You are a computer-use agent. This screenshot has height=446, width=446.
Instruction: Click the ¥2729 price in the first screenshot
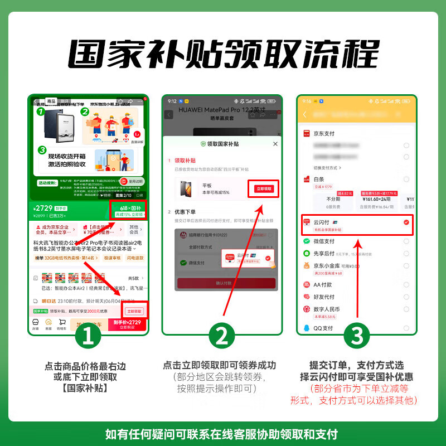pyautogui.click(x=45, y=208)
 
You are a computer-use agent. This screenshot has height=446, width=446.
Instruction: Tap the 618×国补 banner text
pyautogui.click(x=130, y=208)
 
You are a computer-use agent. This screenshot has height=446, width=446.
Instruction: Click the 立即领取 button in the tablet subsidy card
pyautogui.click(x=264, y=189)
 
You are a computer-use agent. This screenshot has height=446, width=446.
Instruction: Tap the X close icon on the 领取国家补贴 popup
pyautogui.click(x=275, y=144)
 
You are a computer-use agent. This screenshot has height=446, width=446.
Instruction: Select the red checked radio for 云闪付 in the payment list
pyautogui.click(x=406, y=222)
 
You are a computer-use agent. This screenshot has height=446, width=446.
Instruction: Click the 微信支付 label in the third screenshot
pyautogui.click(x=323, y=241)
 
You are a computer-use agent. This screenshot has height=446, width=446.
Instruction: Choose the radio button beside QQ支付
pyautogui.click(x=406, y=328)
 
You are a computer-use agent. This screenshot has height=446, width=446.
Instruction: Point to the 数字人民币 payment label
pyautogui.click(x=326, y=309)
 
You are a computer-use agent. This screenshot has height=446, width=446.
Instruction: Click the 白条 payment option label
pyautogui.click(x=318, y=180)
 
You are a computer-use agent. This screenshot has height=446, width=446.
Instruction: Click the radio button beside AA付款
pyautogui.click(x=406, y=284)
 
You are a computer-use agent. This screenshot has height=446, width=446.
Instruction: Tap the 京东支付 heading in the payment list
pyautogui.click(x=324, y=134)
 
